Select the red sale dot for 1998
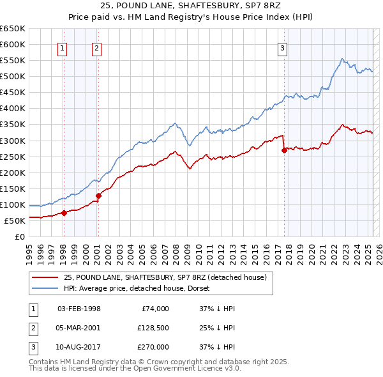click(x=64, y=213)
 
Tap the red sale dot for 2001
click(x=98, y=196)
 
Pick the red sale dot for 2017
click(x=284, y=150)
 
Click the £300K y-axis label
click(x=13, y=141)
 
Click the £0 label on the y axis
click(x=19, y=237)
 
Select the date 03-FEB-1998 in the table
click(x=79, y=309)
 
